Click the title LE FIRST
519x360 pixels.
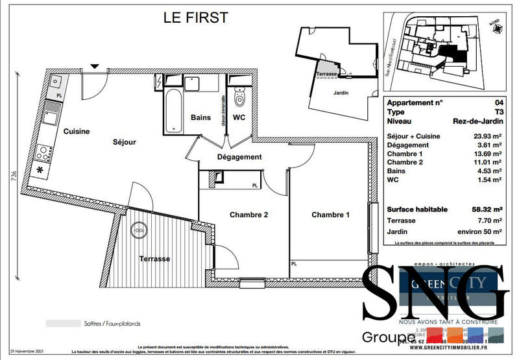[x=195, y=18]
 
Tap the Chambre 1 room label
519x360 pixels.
[x=330, y=215]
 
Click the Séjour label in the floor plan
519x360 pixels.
[x=125, y=141]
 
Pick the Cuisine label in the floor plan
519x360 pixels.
[x=76, y=131]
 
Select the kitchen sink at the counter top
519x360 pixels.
[x=56, y=82]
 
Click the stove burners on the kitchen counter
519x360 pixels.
[x=45, y=154]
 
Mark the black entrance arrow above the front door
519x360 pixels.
[x=95, y=66]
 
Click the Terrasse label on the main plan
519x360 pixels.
[x=154, y=258]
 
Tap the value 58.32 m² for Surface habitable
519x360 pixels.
[x=486, y=210]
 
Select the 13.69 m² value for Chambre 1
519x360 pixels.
[x=488, y=154]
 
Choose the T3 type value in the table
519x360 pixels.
[x=498, y=112]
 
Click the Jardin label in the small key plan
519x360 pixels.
[x=341, y=93]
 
